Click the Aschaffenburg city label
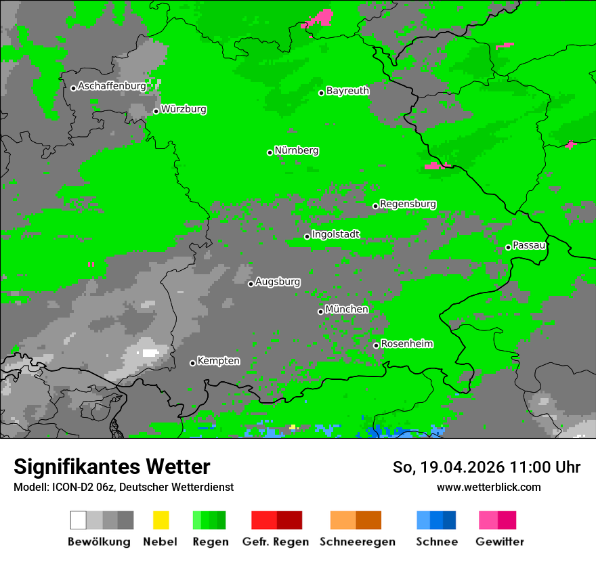coord(112,86)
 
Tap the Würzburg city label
coord(184,109)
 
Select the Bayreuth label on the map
coord(347,91)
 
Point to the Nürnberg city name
coord(297,150)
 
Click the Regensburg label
coord(408,204)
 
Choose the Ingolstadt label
coord(336,234)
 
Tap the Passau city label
coord(529,245)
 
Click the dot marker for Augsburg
coord(251,284)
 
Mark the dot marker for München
coord(321,311)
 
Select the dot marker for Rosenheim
coord(377,346)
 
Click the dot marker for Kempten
coord(193,363)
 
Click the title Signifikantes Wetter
coord(112,467)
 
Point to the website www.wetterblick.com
coord(488,487)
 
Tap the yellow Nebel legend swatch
coord(161,520)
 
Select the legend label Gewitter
coord(500,542)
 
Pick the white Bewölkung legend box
coord(79,520)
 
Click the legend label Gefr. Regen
coord(276,542)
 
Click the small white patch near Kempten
coord(150,353)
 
